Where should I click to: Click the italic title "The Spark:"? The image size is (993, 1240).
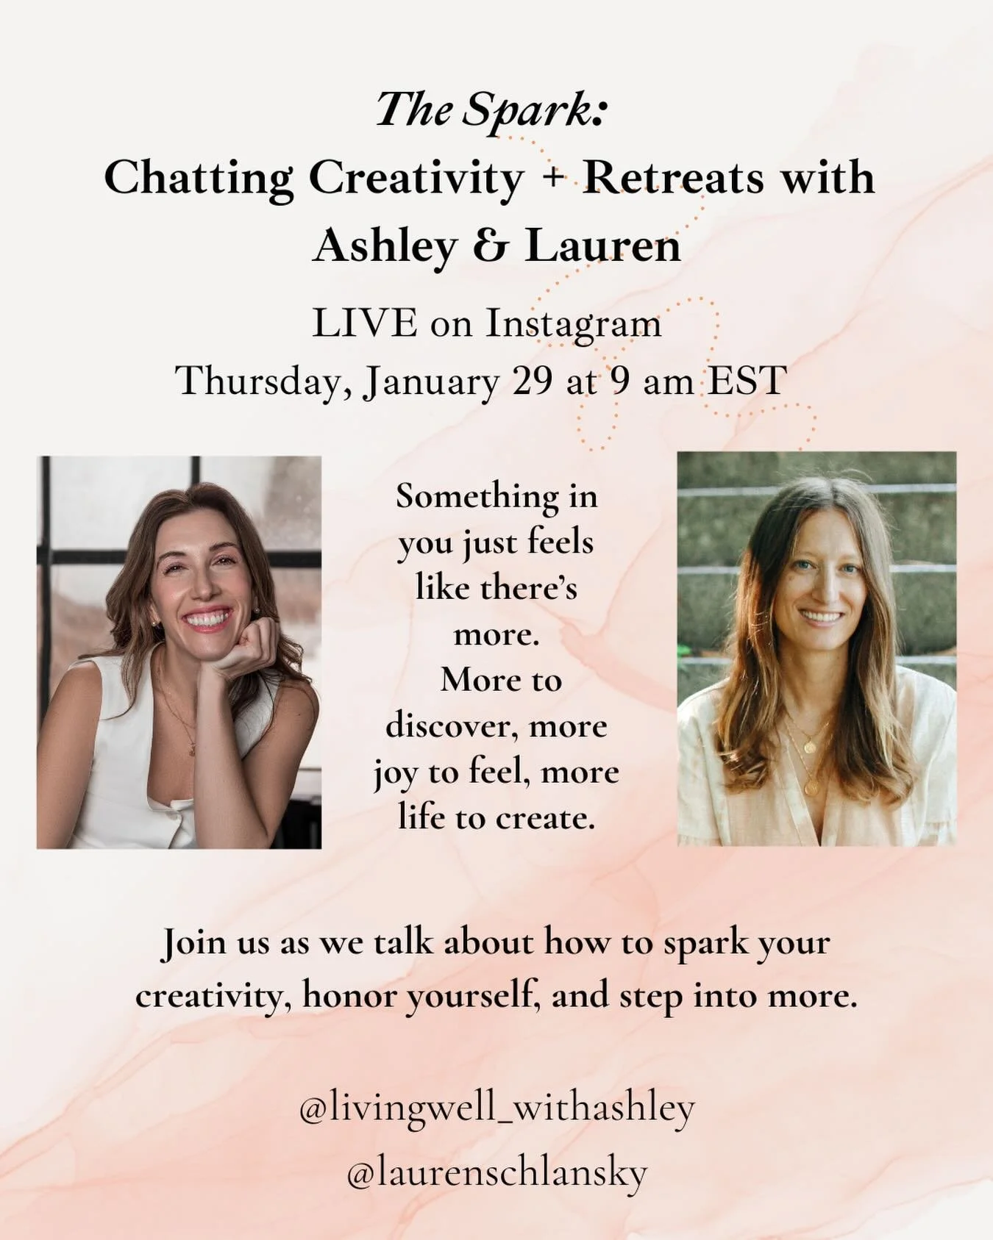(x=491, y=110)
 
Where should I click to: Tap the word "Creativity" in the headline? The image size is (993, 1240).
(x=416, y=178)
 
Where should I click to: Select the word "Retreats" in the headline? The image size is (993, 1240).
(x=674, y=178)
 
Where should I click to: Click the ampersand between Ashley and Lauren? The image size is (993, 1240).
(x=490, y=246)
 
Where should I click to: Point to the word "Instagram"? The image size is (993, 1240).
(x=573, y=324)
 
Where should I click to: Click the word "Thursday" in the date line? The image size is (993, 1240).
(x=263, y=381)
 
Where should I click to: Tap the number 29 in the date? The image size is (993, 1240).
(x=532, y=381)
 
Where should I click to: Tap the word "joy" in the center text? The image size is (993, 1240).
(x=395, y=773)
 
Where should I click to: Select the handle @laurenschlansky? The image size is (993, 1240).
(x=496, y=1173)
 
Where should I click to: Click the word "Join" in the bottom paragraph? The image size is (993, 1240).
(x=193, y=943)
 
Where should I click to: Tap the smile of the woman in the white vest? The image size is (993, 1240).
(x=209, y=619)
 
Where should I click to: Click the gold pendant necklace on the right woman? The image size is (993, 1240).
(x=809, y=747)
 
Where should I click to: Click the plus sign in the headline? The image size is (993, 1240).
(x=553, y=179)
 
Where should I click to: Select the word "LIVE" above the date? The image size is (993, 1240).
(x=364, y=324)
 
